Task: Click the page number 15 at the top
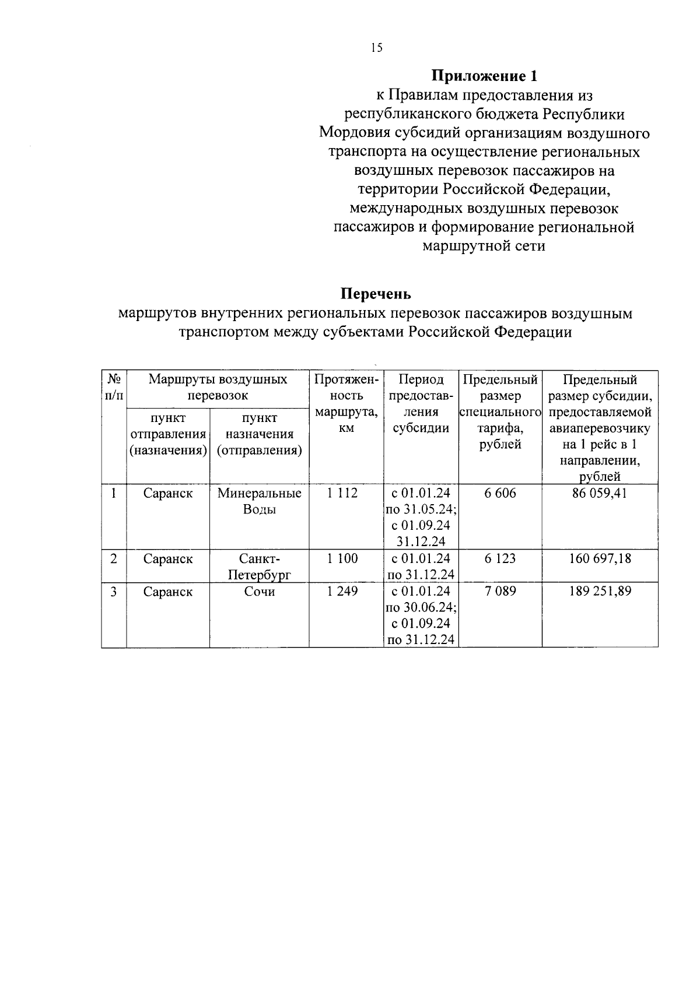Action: click(x=376, y=48)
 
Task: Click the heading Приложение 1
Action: click(x=484, y=76)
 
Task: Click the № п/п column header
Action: click(x=114, y=388)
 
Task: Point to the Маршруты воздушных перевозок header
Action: click(x=218, y=388)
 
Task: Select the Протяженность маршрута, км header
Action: click(x=346, y=403)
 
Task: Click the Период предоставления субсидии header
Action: click(x=421, y=403)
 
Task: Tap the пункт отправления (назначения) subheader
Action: click(x=168, y=434)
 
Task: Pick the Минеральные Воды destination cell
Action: click(x=260, y=501)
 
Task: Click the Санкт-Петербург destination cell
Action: click(x=260, y=567)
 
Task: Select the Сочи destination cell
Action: click(x=260, y=592)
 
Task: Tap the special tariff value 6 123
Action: click(x=500, y=559)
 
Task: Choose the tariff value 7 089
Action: click(x=500, y=592)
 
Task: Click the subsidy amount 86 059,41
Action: click(x=600, y=494)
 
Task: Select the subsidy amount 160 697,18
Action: click(x=600, y=559)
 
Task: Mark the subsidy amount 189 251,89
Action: click(x=600, y=592)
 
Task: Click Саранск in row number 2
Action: click(x=168, y=559)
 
